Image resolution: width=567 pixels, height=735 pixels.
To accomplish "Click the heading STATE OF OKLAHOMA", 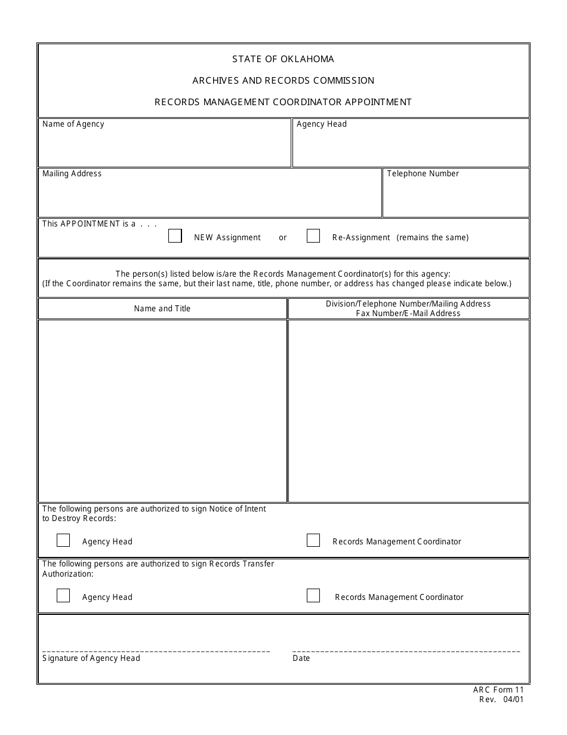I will (x=283, y=59).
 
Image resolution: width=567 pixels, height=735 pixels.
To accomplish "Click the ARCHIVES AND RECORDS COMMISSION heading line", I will (x=283, y=81).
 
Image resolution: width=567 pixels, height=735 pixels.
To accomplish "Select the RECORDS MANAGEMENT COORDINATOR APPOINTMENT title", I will (x=283, y=102).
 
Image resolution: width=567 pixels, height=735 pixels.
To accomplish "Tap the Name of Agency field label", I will (x=73, y=124).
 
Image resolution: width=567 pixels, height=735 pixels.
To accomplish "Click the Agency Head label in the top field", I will (x=321, y=124).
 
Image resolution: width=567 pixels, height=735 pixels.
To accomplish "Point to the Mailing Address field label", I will (x=72, y=174).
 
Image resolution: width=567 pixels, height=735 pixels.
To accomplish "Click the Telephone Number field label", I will (x=423, y=174).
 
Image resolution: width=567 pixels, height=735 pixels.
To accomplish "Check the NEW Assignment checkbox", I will (x=175, y=236).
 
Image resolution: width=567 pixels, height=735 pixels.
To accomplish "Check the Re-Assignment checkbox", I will (x=313, y=236).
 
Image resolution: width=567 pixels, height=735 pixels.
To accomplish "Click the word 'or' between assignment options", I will (x=283, y=238).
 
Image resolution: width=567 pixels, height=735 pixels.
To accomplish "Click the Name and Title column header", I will (x=162, y=309).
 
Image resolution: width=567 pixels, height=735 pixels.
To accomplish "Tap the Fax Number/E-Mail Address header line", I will (x=408, y=313).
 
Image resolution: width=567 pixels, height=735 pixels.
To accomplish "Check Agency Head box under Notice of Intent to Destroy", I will (x=63, y=540).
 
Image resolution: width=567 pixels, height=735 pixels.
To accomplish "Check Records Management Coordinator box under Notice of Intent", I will (x=313, y=540).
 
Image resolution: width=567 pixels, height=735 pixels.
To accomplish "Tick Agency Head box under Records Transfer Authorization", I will (x=63, y=596).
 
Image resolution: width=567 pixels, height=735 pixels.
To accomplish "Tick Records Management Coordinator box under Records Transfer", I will (x=313, y=596).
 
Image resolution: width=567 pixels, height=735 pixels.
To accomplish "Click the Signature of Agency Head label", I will (x=91, y=659).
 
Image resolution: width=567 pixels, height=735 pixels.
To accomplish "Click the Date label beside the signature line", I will (x=301, y=659).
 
